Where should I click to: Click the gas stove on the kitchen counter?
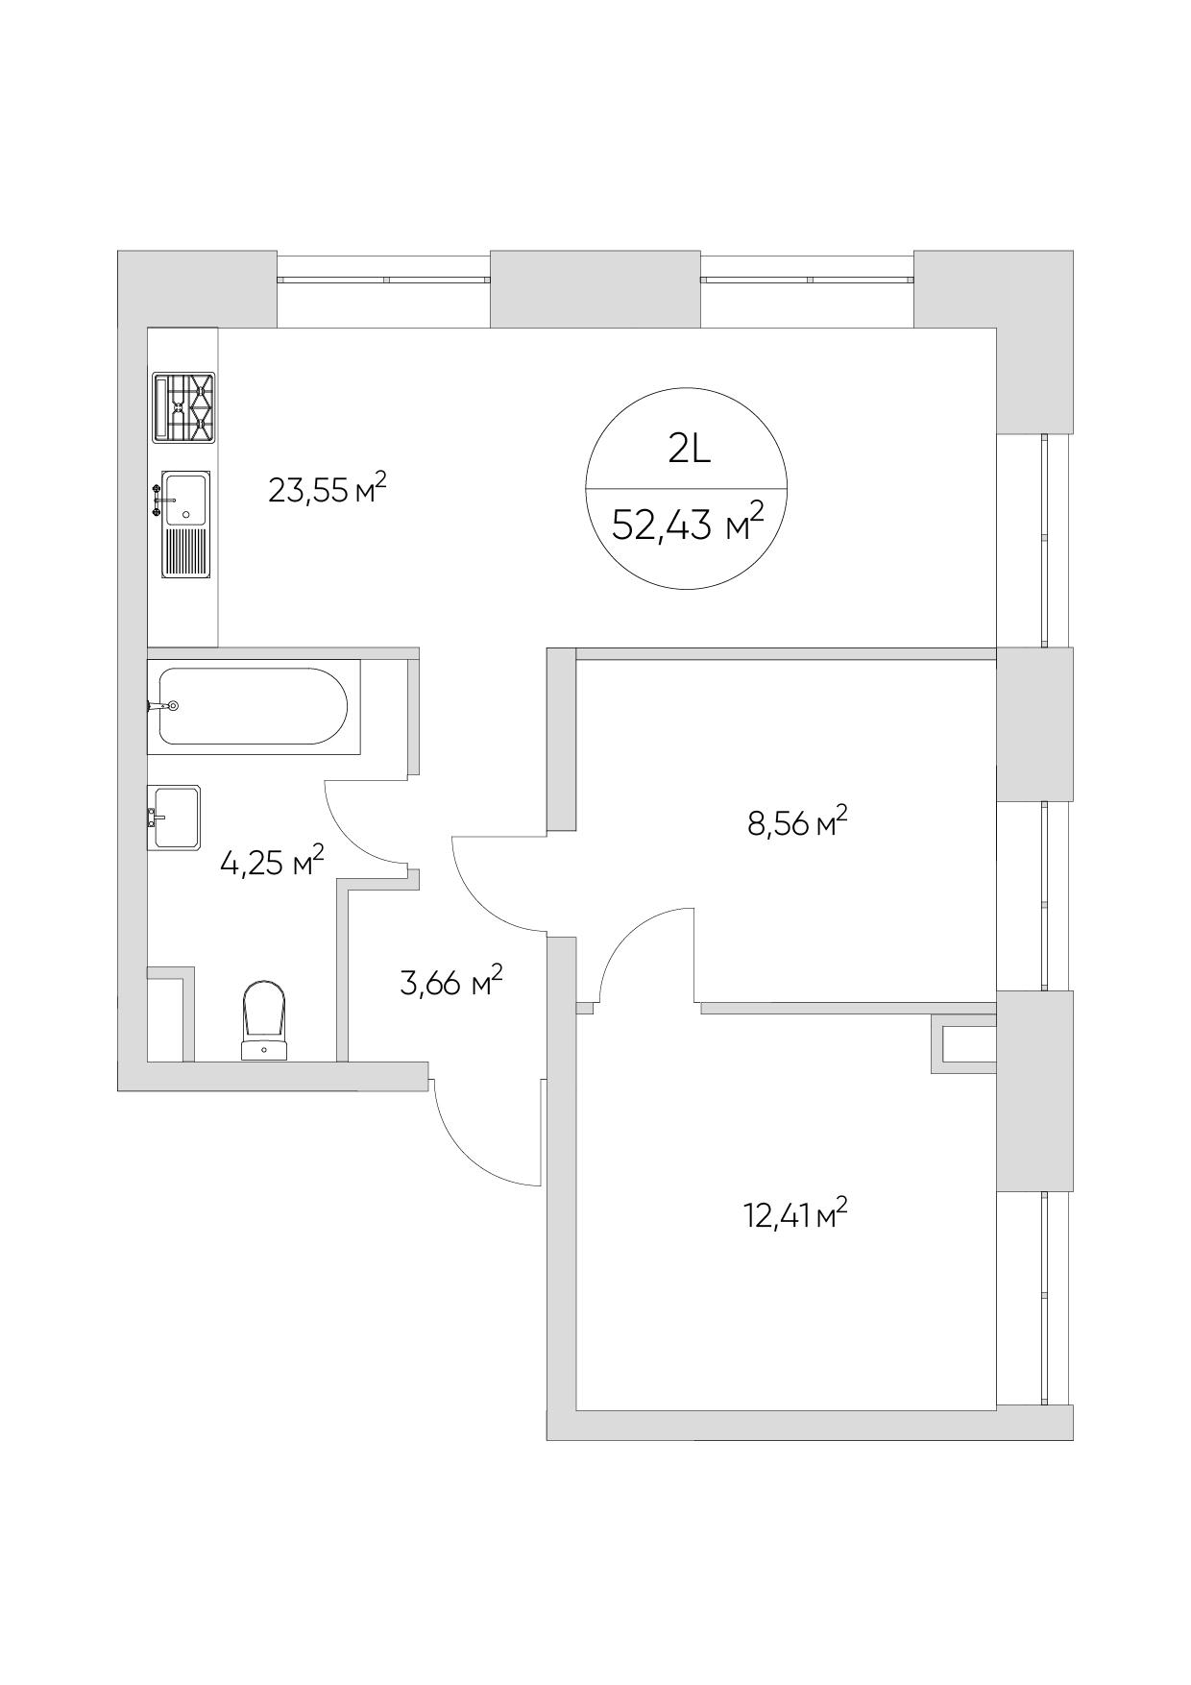point(183,408)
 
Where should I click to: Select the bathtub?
point(254,706)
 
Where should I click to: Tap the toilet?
point(264,1020)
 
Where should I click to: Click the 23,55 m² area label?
point(328,490)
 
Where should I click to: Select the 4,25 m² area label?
point(272,862)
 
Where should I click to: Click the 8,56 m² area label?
point(798,822)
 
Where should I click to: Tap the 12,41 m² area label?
point(796,1216)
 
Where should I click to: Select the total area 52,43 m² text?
point(688,524)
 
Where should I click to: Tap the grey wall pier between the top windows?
point(595,288)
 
